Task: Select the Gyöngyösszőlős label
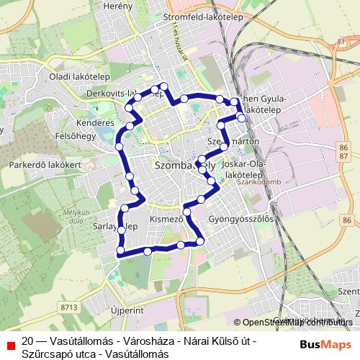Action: [240, 217]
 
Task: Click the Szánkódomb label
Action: [257, 182]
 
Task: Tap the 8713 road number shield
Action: [70, 307]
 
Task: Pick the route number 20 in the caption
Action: [27, 341]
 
